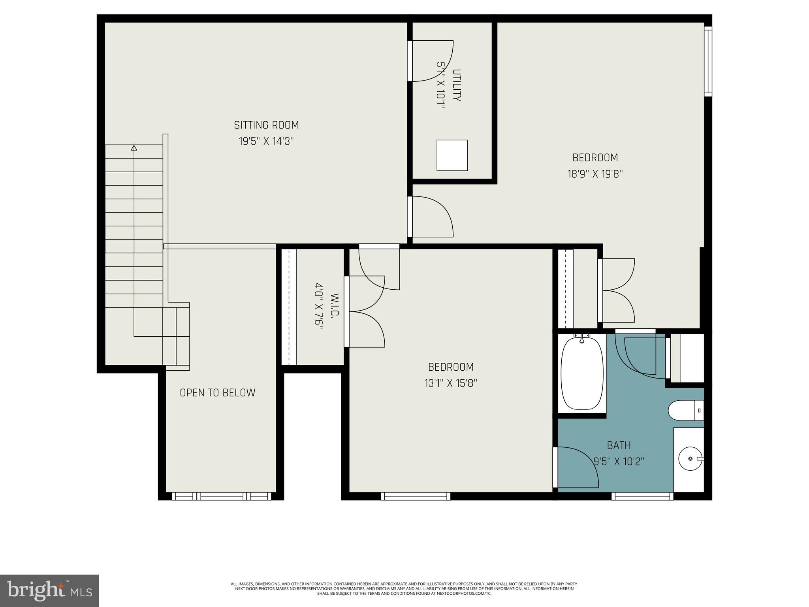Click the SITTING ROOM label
(x=266, y=125)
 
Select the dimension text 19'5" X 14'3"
(x=266, y=141)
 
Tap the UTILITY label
(x=457, y=85)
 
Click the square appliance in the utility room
(x=452, y=155)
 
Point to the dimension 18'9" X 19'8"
(x=595, y=174)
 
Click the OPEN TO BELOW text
(x=217, y=393)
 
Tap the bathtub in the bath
(x=582, y=373)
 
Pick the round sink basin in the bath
(x=690, y=458)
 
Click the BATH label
(x=619, y=445)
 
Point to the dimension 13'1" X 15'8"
(x=451, y=383)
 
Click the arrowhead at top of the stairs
(x=134, y=148)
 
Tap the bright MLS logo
(x=49, y=590)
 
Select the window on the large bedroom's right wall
(x=708, y=61)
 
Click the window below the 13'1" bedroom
(x=415, y=496)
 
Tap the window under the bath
(x=642, y=496)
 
